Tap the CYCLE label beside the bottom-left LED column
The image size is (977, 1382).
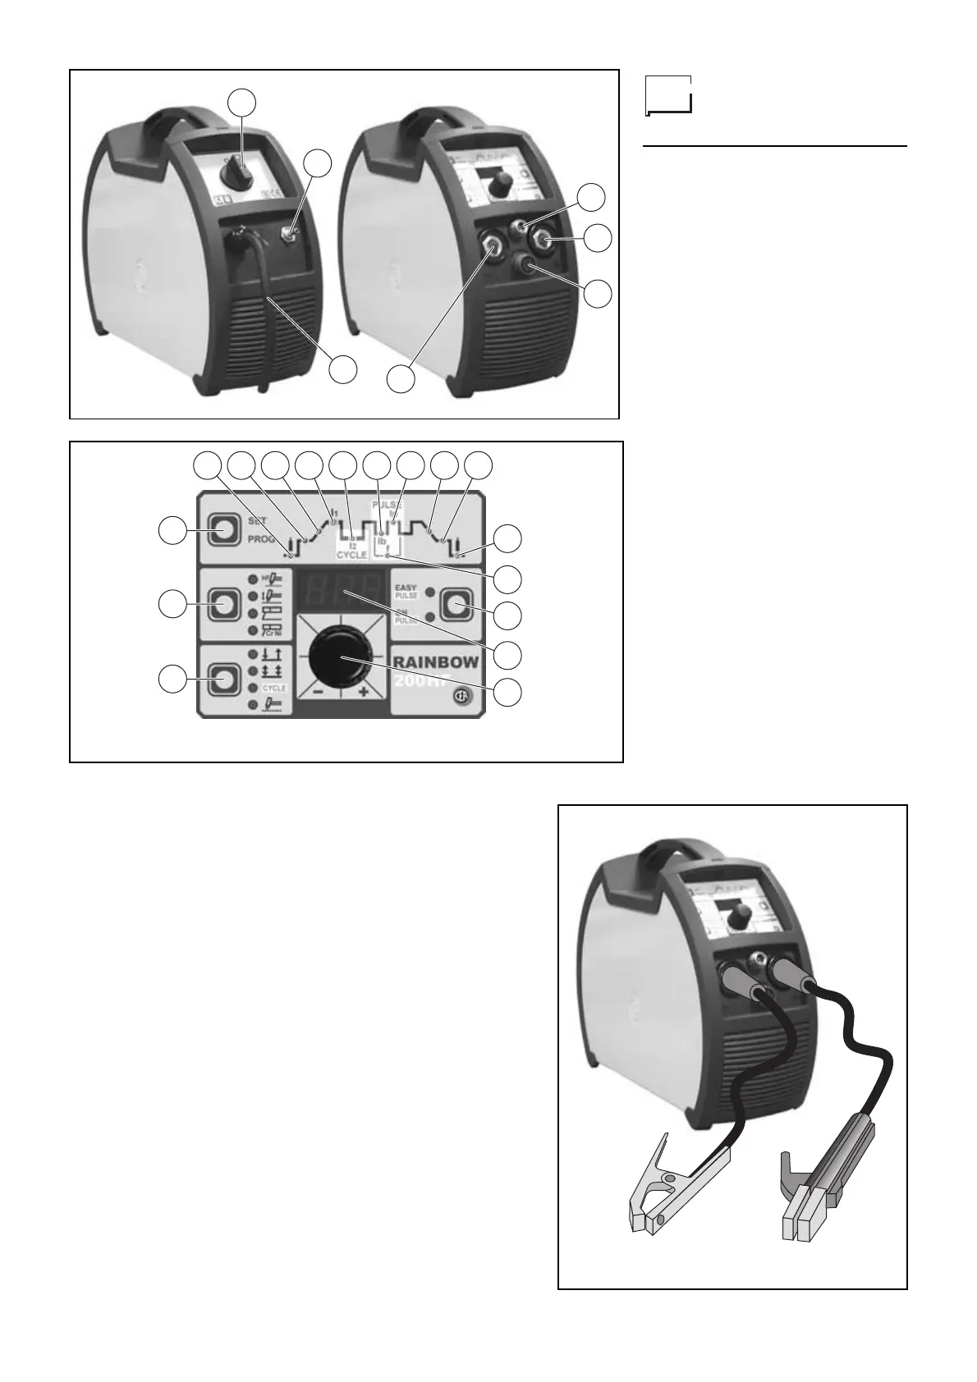click(x=273, y=688)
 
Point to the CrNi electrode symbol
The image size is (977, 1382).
click(x=272, y=630)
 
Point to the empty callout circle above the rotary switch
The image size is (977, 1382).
click(x=241, y=102)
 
